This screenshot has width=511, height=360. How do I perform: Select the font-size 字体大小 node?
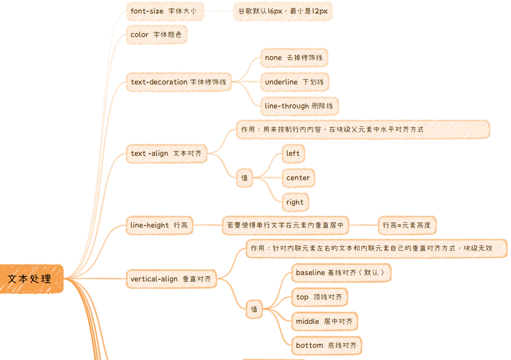tap(164, 11)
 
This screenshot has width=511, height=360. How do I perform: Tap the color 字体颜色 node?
tap(156, 35)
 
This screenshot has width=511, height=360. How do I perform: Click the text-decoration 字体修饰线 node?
tap(178, 82)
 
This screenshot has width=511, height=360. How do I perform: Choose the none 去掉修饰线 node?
tap(294, 58)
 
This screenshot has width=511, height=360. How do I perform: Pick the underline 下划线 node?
tap(294, 82)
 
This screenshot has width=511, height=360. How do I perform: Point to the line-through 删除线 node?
tap(299, 106)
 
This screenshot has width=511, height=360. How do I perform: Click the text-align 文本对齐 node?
tap(166, 154)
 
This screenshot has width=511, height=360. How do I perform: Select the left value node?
tap(293, 154)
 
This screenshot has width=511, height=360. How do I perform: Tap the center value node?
tap(298, 178)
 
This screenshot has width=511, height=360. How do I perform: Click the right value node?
tap(295, 202)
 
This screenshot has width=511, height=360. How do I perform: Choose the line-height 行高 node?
tap(159, 225)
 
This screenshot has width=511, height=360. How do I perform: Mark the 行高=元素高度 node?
tap(407, 225)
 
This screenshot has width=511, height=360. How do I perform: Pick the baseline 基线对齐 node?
tap(341, 273)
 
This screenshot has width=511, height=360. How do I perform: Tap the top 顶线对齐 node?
tap(319, 297)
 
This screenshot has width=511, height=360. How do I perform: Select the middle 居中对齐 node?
tap(324, 322)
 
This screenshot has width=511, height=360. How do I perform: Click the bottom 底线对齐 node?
tap(326, 346)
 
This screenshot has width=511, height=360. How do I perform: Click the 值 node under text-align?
tap(244, 178)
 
